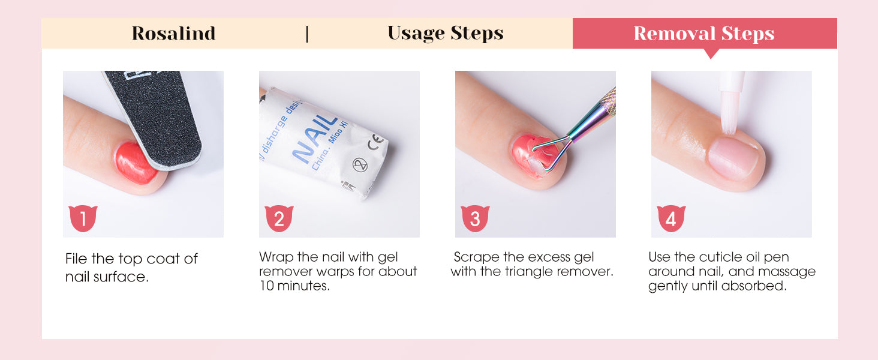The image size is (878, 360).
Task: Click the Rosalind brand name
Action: [174, 34]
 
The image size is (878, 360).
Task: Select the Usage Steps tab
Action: [445, 34]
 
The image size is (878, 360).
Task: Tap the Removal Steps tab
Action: [704, 34]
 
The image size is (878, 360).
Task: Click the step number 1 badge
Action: [83, 218]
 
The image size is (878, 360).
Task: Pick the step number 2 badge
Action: [279, 218]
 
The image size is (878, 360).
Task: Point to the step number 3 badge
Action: [475, 218]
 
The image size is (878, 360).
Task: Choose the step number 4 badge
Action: [671, 218]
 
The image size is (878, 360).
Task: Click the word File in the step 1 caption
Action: [76, 259]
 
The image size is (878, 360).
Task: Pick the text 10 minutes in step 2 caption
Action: [294, 286]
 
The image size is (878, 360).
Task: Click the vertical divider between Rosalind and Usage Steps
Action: [307, 34]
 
